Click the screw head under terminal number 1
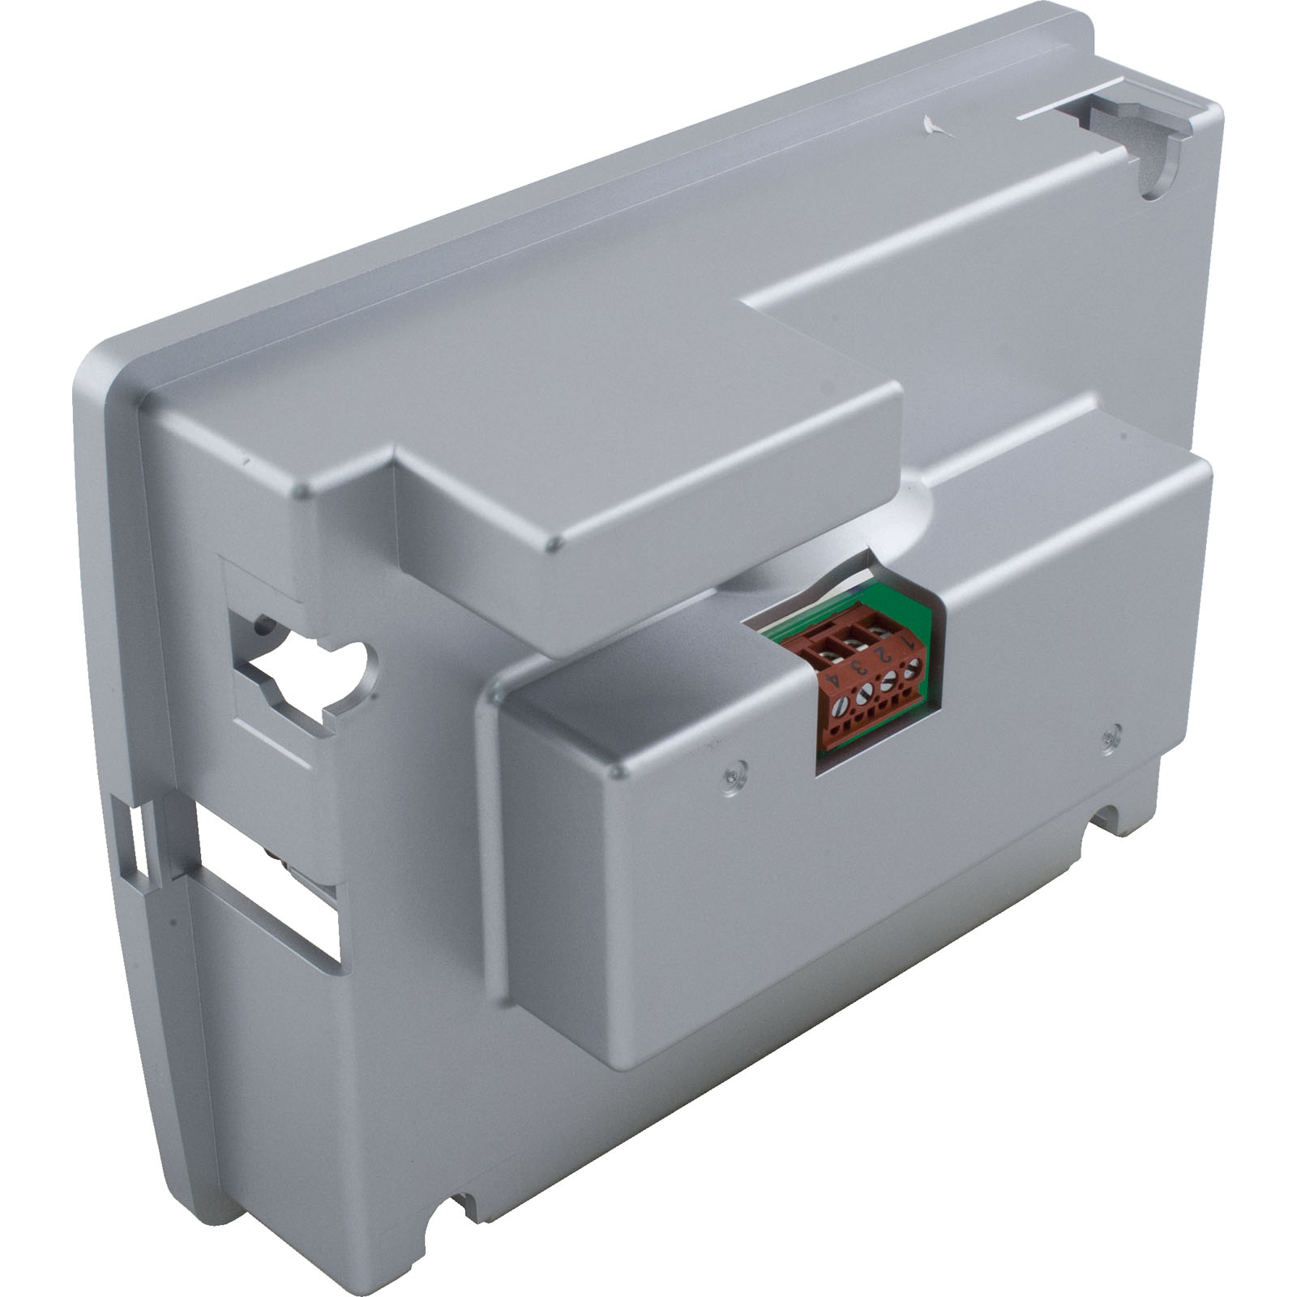pyautogui.click(x=913, y=670)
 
